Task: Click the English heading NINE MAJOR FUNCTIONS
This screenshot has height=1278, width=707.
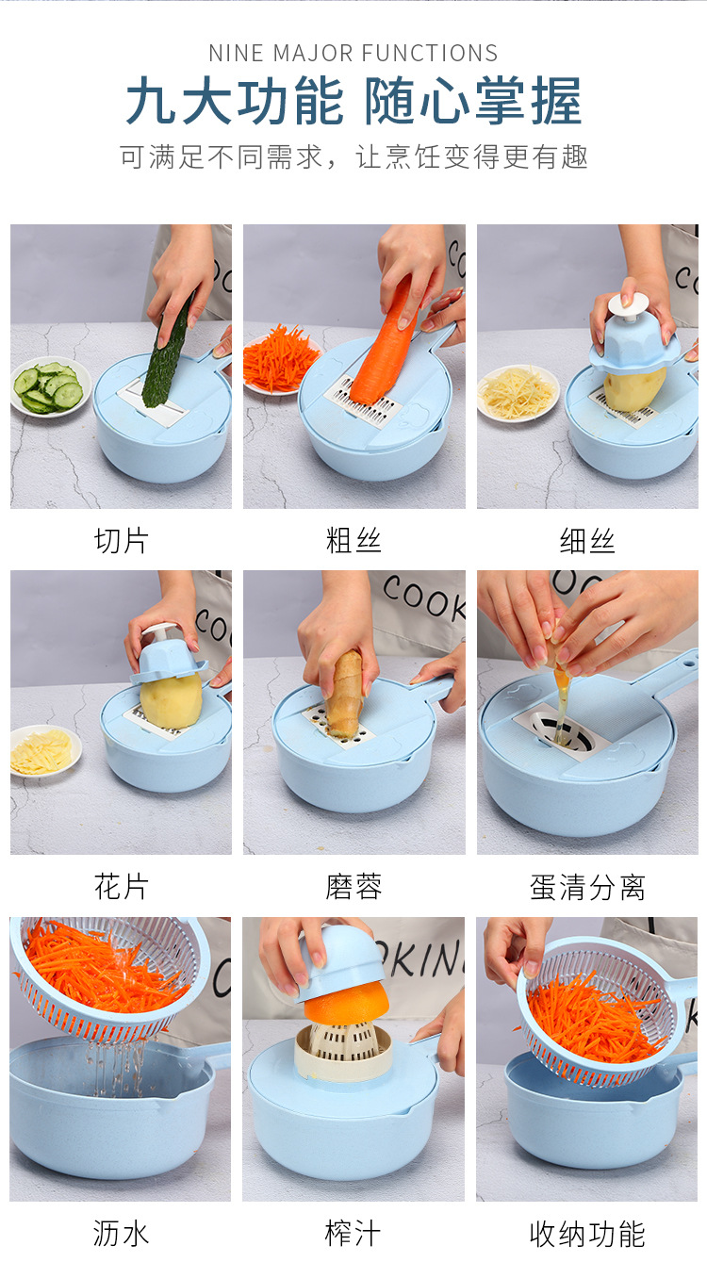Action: coord(353,53)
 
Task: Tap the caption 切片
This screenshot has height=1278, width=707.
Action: coord(121,540)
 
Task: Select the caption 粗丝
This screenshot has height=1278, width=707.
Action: coord(353,540)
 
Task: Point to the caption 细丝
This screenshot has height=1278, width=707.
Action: coord(587,540)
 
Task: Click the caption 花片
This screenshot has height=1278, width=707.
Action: coord(121,887)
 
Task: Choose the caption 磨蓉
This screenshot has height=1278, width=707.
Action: coord(353,887)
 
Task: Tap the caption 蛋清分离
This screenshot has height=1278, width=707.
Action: coord(587,887)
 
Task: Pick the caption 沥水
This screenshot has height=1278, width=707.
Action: coord(121,1234)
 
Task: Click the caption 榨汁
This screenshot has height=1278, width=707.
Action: coord(353,1234)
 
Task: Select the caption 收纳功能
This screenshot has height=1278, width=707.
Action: coord(587,1234)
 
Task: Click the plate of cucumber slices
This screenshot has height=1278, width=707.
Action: coord(51,386)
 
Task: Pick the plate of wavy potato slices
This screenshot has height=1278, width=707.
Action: coord(44,751)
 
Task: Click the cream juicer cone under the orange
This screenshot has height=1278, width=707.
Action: coord(343,1051)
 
